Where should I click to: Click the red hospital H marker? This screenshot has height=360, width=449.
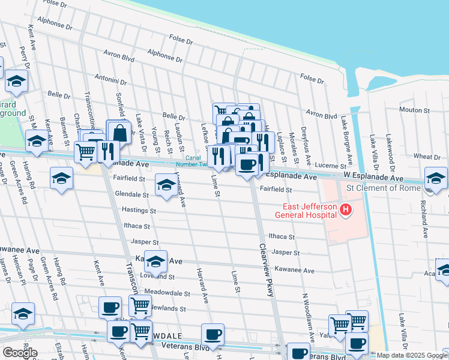point(346,210)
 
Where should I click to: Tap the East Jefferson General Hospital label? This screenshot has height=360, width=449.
point(305,209)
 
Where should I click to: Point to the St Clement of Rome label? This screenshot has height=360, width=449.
point(384,188)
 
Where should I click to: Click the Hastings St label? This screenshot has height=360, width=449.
point(139,211)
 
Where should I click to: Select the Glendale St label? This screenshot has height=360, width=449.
point(131,194)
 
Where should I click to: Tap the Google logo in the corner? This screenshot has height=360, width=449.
point(20,353)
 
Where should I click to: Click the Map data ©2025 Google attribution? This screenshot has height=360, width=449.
point(412,355)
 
